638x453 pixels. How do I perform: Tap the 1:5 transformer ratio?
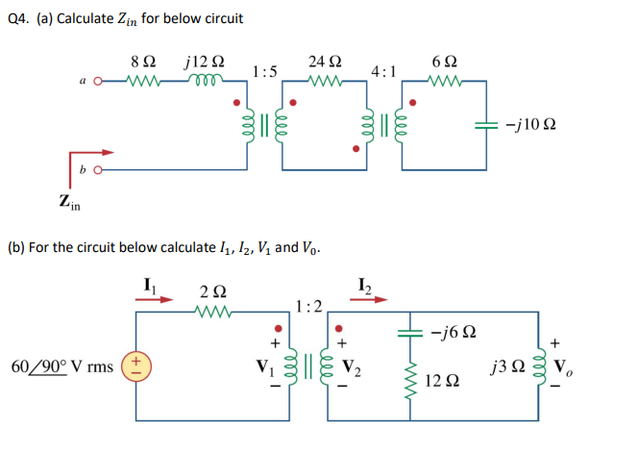pyautogui.click(x=264, y=71)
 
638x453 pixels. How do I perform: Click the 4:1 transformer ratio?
pyautogui.click(x=383, y=71)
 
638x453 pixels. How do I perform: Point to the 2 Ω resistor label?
pyautogui.click(x=213, y=290)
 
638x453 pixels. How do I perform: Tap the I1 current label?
pyautogui.click(x=149, y=283)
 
